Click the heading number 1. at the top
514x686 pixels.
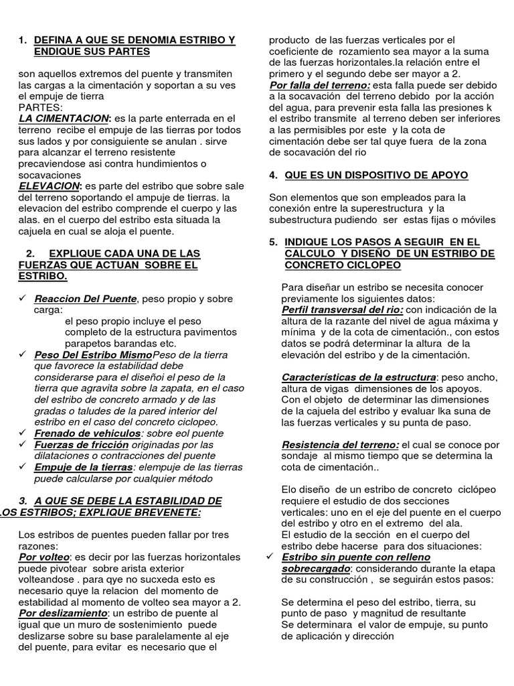23,40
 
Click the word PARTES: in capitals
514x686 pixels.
40,107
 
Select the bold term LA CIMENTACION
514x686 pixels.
64,119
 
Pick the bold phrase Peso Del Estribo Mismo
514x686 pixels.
93,354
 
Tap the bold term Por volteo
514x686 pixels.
44,557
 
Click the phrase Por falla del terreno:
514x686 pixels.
319,86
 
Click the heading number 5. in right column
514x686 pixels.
273,242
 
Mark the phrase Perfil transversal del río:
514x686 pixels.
342,310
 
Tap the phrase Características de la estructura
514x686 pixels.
359,377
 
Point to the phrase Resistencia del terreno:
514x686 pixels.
340,445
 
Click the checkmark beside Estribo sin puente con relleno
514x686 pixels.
270,557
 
